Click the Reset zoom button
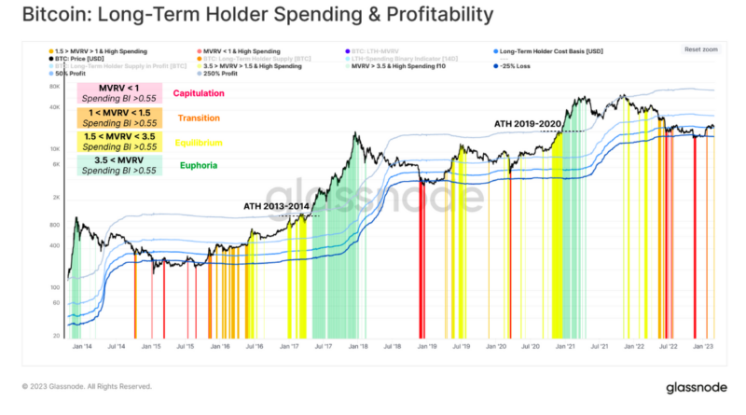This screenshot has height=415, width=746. [x=699, y=49]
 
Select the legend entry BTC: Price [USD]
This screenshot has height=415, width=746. [x=78, y=58]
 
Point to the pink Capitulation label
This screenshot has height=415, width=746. [x=200, y=94]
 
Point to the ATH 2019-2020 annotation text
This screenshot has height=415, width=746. [x=528, y=123]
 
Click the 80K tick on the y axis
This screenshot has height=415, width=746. [x=54, y=87]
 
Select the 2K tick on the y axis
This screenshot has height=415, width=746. [x=56, y=198]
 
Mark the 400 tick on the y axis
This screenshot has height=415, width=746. [x=54, y=246]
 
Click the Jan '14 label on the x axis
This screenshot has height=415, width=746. [x=82, y=346]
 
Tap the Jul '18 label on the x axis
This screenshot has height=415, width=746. [x=391, y=346]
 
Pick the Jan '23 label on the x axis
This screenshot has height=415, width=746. [x=702, y=346]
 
